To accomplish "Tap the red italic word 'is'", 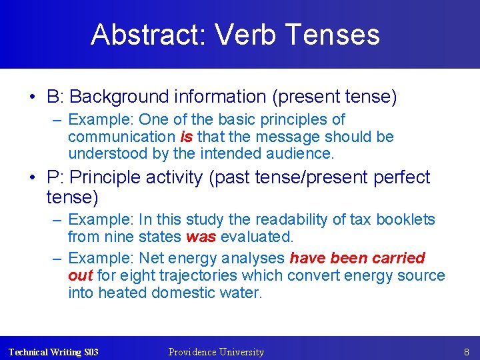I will (187, 137).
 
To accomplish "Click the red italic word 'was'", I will (201, 237).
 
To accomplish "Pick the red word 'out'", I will (80, 275).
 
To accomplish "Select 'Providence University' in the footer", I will (216, 352).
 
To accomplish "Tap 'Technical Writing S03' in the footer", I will (53, 352).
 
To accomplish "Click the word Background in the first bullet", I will (117, 97).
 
